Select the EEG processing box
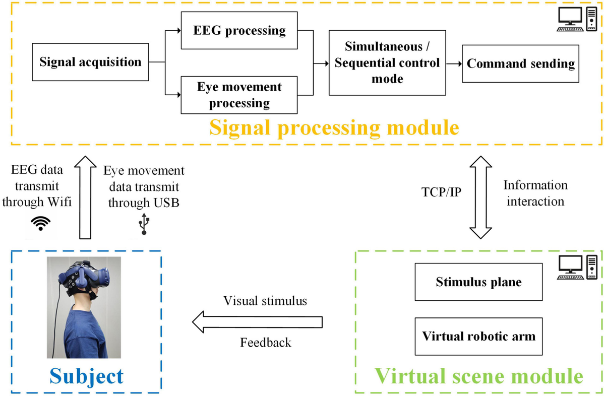(239, 31)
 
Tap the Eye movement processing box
(239, 95)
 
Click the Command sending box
(521, 64)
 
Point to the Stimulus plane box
(478, 282)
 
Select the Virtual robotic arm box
(478, 336)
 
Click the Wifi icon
(40, 223)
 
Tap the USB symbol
(144, 224)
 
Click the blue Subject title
(86, 376)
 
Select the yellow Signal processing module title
(334, 128)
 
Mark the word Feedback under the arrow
(265, 343)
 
